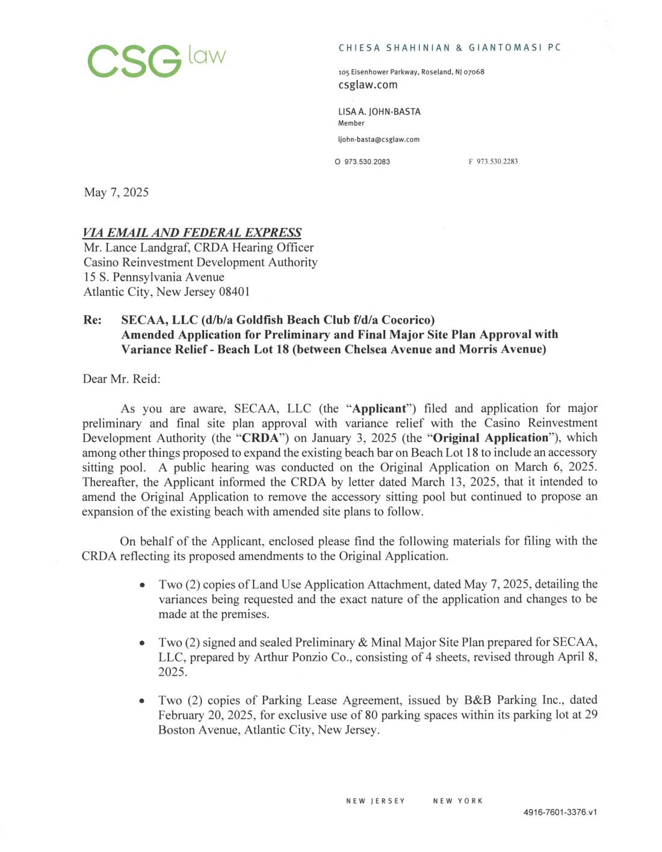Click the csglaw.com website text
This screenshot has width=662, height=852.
[368, 85]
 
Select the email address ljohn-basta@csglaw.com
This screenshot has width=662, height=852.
[379, 139]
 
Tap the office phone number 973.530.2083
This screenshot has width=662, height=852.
[367, 162]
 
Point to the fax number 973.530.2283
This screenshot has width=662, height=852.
[497, 161]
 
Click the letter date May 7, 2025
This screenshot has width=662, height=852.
[116, 192]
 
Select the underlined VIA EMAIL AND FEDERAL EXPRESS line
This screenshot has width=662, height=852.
[192, 233]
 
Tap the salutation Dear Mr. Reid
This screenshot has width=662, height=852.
[122, 379]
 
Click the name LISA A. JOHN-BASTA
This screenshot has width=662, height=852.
[379, 112]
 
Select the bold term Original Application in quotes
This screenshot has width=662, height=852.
[490, 438]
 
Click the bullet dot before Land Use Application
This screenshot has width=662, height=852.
[142, 585]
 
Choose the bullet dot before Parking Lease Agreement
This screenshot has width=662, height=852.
[142, 701]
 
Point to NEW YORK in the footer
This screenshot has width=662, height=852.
[458, 801]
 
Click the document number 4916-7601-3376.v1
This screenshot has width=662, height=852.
[560, 812]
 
